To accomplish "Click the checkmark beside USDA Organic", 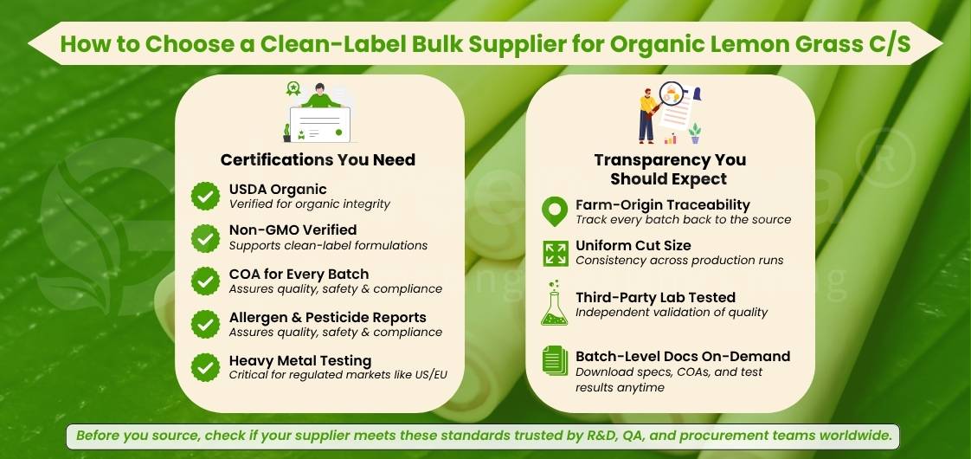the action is (205, 197).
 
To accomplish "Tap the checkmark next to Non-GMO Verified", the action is (205, 238).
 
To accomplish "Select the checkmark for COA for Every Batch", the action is (205, 281).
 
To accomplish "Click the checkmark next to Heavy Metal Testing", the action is (205, 367).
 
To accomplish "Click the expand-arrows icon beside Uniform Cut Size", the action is (556, 254).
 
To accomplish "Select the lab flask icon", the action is (554, 303).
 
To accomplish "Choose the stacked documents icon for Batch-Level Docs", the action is (555, 360).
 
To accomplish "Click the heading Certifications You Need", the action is (318, 160).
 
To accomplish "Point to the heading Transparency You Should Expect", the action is (670, 169).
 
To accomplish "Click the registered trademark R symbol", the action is (885, 158).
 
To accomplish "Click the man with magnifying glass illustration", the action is (670, 113).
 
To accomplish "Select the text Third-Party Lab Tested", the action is (655, 297).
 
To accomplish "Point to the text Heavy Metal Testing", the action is (300, 360).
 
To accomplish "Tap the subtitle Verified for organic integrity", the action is (310, 204).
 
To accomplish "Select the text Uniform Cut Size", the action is (633, 245).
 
